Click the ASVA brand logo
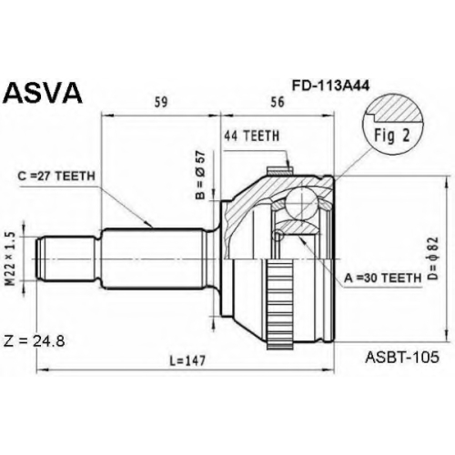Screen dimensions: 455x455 42,94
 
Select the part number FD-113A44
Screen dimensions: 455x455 330,86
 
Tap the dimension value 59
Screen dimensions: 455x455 161,102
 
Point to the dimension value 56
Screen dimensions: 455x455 278,102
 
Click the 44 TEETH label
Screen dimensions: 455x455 251,136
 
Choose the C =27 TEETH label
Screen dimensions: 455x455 56,177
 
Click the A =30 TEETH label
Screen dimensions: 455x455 383,278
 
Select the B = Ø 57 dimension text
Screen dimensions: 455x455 200,175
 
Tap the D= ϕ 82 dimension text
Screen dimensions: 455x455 434,258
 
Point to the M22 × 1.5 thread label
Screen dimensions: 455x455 11,258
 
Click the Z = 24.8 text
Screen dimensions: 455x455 34,341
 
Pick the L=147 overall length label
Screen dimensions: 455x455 187,360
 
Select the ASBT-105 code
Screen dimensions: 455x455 402,357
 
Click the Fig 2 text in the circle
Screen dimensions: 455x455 392,136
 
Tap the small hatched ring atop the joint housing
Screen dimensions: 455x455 279,172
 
